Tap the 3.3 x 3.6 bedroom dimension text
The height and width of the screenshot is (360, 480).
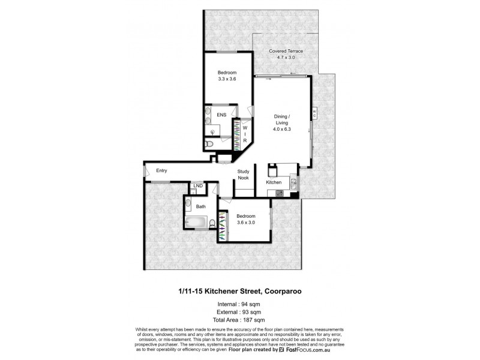[227, 79]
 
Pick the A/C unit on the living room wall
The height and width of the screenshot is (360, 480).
[314, 115]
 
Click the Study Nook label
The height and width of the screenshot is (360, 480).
[243, 174]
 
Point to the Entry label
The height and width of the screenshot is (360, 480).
[161, 171]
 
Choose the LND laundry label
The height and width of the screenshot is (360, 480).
[197, 187]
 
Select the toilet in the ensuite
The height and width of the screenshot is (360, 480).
[208, 145]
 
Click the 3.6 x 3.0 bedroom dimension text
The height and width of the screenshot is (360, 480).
[245, 222]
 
